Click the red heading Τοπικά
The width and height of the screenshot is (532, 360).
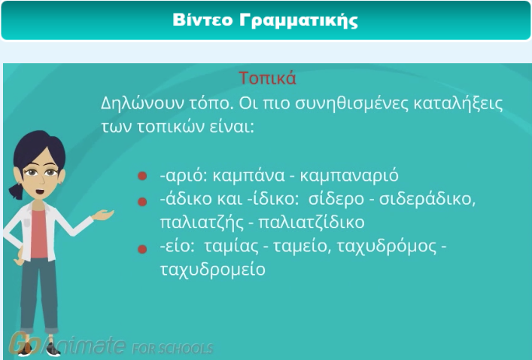[267, 78]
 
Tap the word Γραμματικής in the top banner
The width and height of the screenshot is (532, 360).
[299, 21]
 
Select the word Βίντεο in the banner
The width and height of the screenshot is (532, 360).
[203, 20]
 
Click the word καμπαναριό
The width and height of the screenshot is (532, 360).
[349, 176]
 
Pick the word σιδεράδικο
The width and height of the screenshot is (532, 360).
[427, 200]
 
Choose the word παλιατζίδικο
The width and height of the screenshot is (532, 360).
[312, 223]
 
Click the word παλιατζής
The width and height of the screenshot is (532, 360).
[202, 223]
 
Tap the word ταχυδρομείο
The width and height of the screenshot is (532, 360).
[212, 270]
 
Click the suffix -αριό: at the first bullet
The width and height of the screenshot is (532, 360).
[184, 176]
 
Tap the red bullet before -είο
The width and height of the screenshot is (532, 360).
[142, 249]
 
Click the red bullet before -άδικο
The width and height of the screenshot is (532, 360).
[142, 202]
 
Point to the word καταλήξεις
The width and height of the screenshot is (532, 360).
[458, 104]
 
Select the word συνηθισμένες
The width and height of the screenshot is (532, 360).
[351, 104]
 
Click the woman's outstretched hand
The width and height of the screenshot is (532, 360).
[103, 215]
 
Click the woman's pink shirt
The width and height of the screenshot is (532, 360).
[38, 234]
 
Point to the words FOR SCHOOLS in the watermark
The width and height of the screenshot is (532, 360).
[172, 349]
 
